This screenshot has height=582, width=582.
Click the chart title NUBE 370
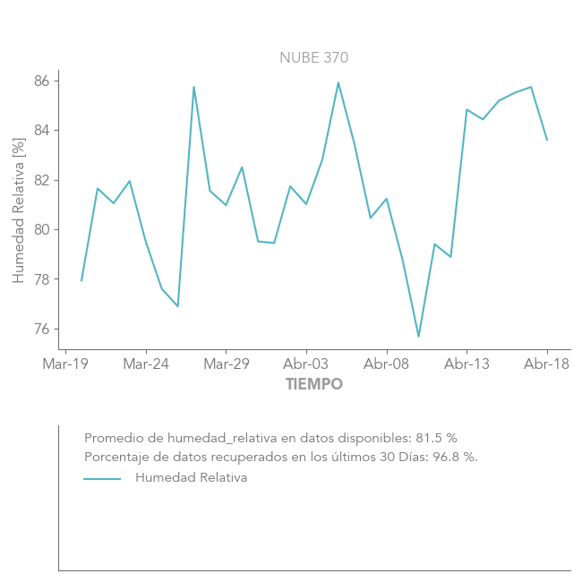[x=313, y=58]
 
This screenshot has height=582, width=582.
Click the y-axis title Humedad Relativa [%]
[x=19, y=210]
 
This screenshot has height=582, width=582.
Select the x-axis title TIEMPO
[x=314, y=385]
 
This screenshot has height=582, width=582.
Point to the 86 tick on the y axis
[x=43, y=81]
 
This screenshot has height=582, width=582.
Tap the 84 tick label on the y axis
[x=43, y=131]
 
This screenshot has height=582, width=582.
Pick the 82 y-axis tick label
[x=43, y=180]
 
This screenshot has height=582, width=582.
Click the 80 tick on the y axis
[x=43, y=230]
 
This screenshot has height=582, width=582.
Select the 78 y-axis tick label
[x=43, y=279]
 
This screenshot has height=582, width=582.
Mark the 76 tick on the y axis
[x=43, y=330]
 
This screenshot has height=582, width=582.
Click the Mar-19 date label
[x=65, y=364]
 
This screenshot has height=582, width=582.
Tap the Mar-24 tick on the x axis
[x=146, y=364]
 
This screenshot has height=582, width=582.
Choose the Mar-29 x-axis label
[x=227, y=364]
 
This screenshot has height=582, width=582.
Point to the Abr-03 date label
[x=306, y=364]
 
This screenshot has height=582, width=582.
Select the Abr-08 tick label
[x=387, y=364]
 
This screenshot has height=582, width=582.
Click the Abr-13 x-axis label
[x=467, y=364]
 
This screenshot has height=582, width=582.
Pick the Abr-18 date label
[x=547, y=364]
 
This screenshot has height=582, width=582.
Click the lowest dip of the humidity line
[x=418, y=337]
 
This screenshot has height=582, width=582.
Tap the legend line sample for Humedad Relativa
[x=102, y=479]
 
